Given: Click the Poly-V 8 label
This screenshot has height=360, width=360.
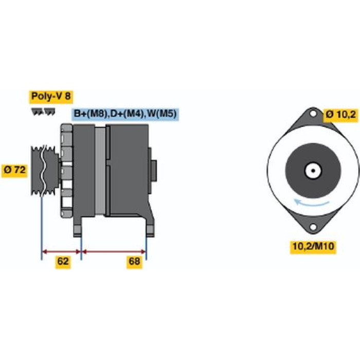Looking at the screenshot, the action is (x=51, y=97).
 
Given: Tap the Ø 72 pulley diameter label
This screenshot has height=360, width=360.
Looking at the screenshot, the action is (x=14, y=170).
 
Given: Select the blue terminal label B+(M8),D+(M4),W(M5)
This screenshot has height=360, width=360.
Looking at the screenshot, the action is (x=125, y=114).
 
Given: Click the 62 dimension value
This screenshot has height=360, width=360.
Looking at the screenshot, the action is (x=63, y=261).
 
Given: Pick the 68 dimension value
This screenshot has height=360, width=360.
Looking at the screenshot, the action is (x=134, y=261).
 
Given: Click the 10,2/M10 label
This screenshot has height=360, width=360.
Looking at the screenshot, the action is (x=313, y=246).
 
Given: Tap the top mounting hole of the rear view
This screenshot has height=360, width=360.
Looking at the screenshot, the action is (x=313, y=114).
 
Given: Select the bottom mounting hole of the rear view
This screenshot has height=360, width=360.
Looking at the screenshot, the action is (x=313, y=227).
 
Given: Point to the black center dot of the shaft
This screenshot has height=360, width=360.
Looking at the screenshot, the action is (x=313, y=171).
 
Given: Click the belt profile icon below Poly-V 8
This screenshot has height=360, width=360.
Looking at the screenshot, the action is (x=43, y=112).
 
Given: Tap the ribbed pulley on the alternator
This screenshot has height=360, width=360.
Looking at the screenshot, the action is (x=45, y=171).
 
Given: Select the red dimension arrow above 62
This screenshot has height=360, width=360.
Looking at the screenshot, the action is (x=62, y=252).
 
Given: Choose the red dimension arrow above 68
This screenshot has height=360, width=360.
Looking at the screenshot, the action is (x=114, y=252).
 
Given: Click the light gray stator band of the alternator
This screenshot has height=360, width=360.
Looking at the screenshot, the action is (x=100, y=171).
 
